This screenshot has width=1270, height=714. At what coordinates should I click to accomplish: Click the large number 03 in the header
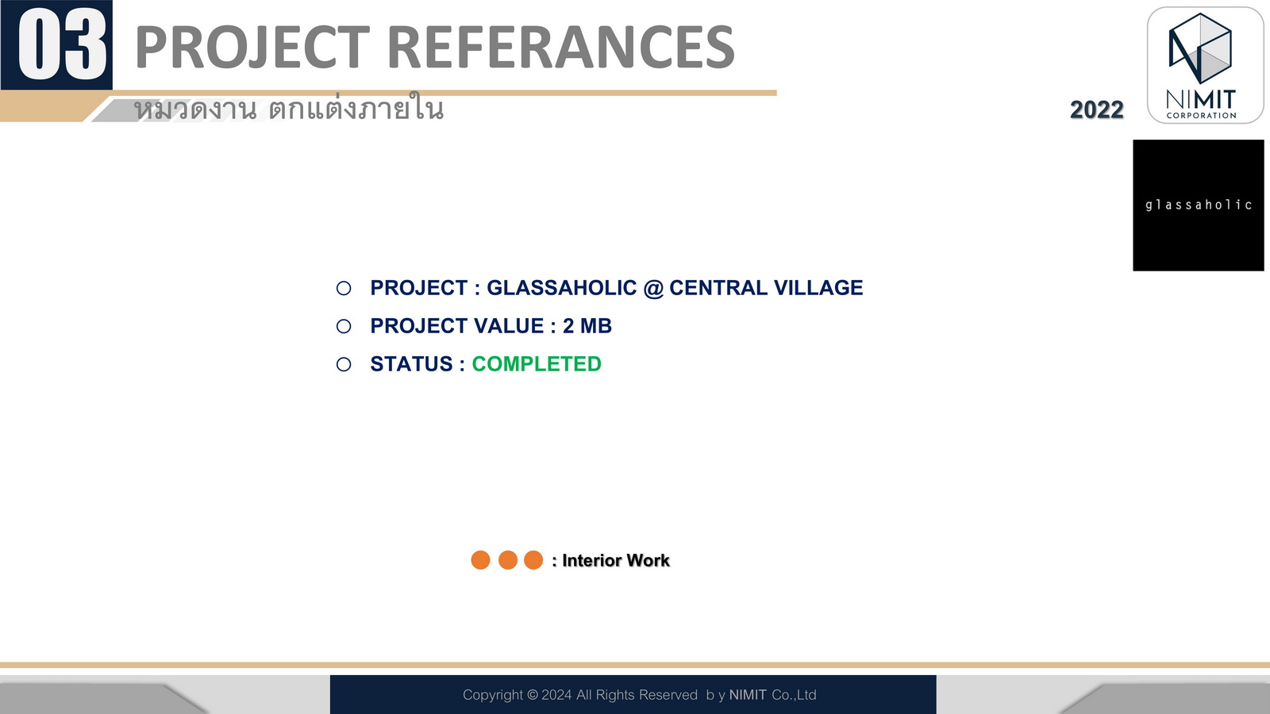pyautogui.click(x=63, y=45)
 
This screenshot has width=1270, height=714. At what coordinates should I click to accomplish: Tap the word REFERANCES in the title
pyautogui.click(x=561, y=47)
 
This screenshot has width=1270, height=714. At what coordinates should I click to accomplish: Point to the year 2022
pyautogui.click(x=1096, y=110)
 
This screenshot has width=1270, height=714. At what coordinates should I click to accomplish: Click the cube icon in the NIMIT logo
pyautogui.click(x=1199, y=48)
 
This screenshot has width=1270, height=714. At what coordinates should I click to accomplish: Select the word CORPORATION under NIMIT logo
pyautogui.click(x=1202, y=116)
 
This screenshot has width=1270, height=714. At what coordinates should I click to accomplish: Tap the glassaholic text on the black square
pyautogui.click(x=1199, y=205)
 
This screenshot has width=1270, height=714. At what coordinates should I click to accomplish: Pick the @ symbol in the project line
pyautogui.click(x=653, y=289)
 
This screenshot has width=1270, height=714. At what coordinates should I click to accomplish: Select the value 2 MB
pyautogui.click(x=587, y=326)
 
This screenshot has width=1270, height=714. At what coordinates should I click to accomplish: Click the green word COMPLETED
pyautogui.click(x=537, y=364)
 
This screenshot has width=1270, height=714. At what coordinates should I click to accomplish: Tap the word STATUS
pyautogui.click(x=412, y=364)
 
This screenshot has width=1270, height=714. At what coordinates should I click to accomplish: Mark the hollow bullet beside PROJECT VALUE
pyautogui.click(x=344, y=326)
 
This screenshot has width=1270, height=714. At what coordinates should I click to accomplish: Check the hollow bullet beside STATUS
pyautogui.click(x=344, y=364)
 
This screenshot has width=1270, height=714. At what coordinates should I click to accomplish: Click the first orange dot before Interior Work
pyautogui.click(x=481, y=560)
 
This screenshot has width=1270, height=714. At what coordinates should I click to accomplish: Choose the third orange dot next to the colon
pyautogui.click(x=533, y=560)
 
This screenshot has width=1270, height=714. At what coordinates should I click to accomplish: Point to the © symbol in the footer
pyautogui.click(x=533, y=695)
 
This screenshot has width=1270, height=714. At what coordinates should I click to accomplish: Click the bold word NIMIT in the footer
pyautogui.click(x=748, y=695)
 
